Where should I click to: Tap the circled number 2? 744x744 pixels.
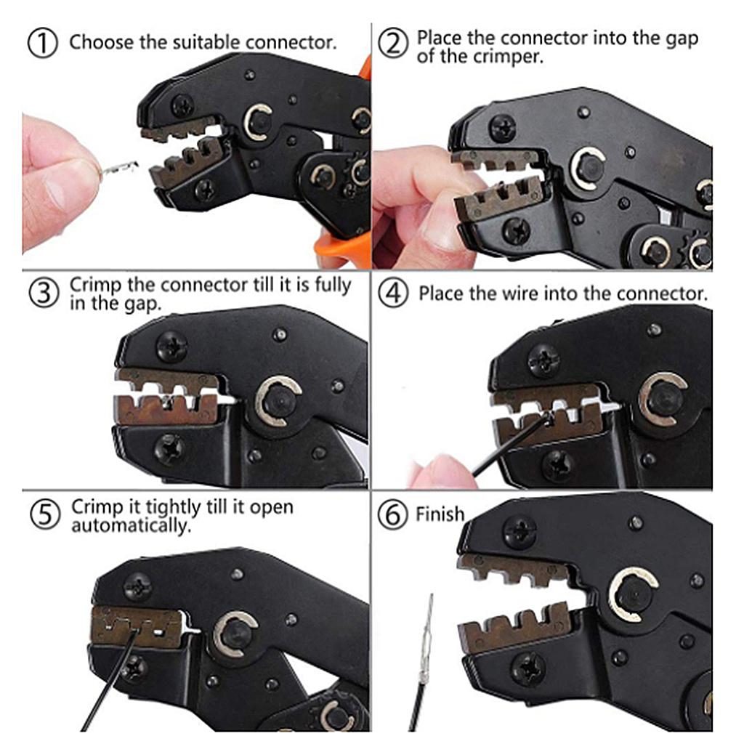pos(395,44)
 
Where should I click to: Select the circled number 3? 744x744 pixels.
pos(44,293)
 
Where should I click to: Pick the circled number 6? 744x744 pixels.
pos(395,515)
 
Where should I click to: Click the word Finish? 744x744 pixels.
pos(440,514)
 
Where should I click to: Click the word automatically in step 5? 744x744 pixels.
pos(132,525)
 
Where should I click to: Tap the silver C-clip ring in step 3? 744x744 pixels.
pos(279,400)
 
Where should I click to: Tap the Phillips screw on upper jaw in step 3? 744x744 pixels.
pos(172,347)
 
